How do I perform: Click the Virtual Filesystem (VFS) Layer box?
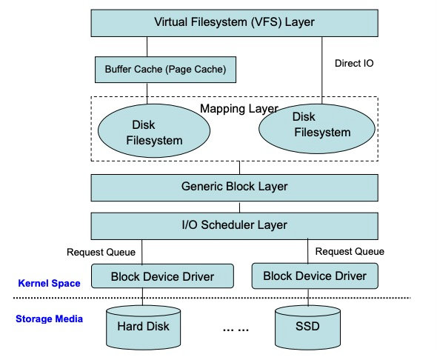(234, 23)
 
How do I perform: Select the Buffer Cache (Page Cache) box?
(166, 70)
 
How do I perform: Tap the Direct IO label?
(354, 63)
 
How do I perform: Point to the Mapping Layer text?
(239, 109)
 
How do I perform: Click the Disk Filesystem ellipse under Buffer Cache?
(154, 130)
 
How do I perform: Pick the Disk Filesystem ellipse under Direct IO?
(317, 129)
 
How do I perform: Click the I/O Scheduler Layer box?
(234, 226)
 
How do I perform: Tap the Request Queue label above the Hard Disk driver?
(101, 252)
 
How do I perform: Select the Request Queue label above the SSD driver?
(350, 252)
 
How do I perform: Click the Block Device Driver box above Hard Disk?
(162, 276)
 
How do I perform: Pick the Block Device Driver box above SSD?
(315, 276)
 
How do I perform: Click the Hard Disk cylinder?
(143, 327)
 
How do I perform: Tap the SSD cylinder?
(307, 327)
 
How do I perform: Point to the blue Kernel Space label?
(49, 284)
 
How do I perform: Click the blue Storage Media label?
(49, 319)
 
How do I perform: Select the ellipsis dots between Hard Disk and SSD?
(236, 330)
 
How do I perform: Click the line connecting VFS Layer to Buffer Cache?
(147, 47)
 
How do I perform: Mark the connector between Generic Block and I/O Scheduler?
(239, 207)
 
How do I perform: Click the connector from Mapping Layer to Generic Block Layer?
(239, 167)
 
